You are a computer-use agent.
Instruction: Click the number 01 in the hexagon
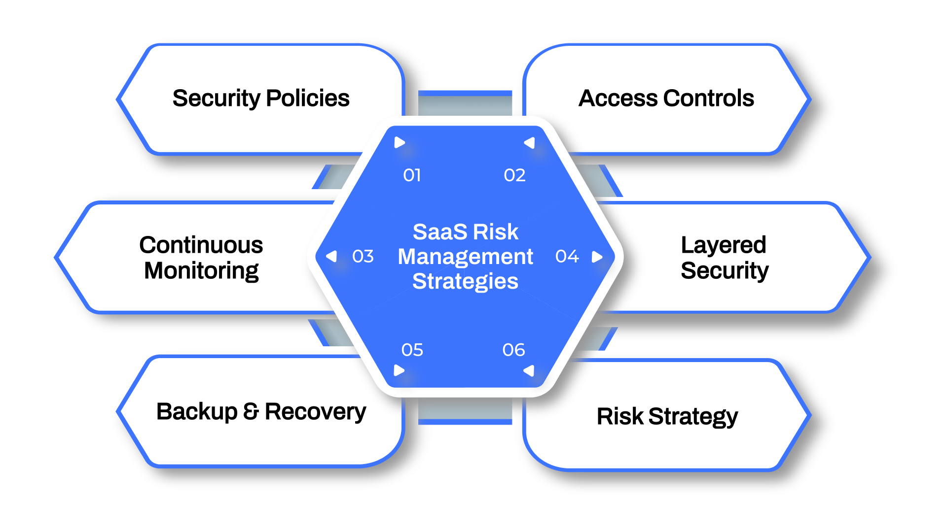412,175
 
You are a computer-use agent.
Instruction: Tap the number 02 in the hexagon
514,175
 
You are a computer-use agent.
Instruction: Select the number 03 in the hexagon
363,257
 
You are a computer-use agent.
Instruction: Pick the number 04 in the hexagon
567,257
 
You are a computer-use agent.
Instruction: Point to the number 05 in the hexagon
412,350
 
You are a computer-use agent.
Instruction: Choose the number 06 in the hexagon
513,350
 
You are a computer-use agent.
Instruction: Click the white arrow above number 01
400,143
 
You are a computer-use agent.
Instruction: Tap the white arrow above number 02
530,143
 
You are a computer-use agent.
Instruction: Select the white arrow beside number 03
332,257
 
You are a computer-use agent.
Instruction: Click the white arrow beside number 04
597,257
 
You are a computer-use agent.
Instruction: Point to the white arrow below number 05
399,370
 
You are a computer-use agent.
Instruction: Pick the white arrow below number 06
529,370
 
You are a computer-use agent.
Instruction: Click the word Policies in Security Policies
308,99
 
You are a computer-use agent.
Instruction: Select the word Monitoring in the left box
201,271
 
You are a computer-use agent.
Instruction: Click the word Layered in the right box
724,245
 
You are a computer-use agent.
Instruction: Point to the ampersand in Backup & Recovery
251,412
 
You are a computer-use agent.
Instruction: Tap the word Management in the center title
465,257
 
